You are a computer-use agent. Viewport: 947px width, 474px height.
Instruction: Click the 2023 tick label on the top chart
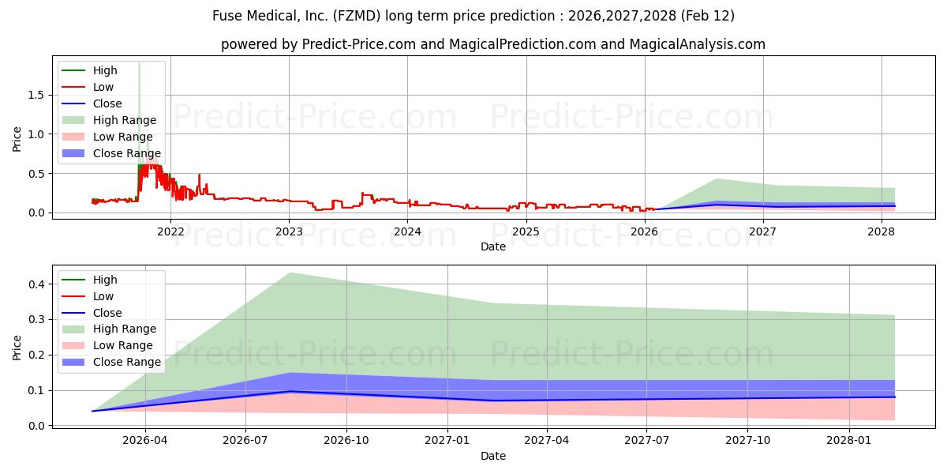tap(289, 231)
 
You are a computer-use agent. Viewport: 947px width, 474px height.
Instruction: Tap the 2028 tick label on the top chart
tap(881, 231)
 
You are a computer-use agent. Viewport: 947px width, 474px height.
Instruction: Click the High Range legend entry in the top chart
tap(125, 120)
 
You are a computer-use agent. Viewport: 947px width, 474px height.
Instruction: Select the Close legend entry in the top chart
tap(107, 103)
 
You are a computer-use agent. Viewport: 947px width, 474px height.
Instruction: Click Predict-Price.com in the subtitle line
tap(359, 44)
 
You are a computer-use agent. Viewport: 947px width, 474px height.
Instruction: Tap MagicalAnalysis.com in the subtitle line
tap(697, 44)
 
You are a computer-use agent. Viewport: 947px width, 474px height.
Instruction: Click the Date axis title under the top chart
tap(493, 246)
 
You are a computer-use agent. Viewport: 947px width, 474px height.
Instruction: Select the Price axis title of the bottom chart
tap(17, 347)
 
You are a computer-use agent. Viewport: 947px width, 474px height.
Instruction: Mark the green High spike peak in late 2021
tap(140, 63)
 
